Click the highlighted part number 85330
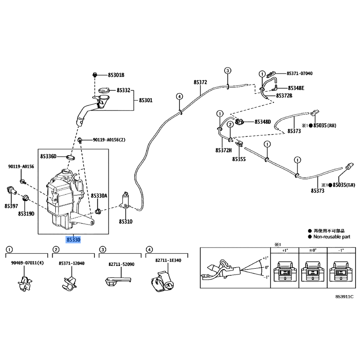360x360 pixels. click(x=73, y=240)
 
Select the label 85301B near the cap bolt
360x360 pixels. click(x=116, y=75)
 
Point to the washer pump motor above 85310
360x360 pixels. click(x=125, y=201)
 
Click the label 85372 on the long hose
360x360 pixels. click(x=200, y=82)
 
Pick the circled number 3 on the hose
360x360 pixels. click(x=228, y=71)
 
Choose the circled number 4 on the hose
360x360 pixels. click(x=179, y=97)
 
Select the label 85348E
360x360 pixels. click(x=296, y=88)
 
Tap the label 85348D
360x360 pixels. click(x=262, y=121)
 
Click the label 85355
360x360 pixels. click(x=239, y=159)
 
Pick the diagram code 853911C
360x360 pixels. click(x=344, y=297)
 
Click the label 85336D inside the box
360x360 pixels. click(x=48, y=156)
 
